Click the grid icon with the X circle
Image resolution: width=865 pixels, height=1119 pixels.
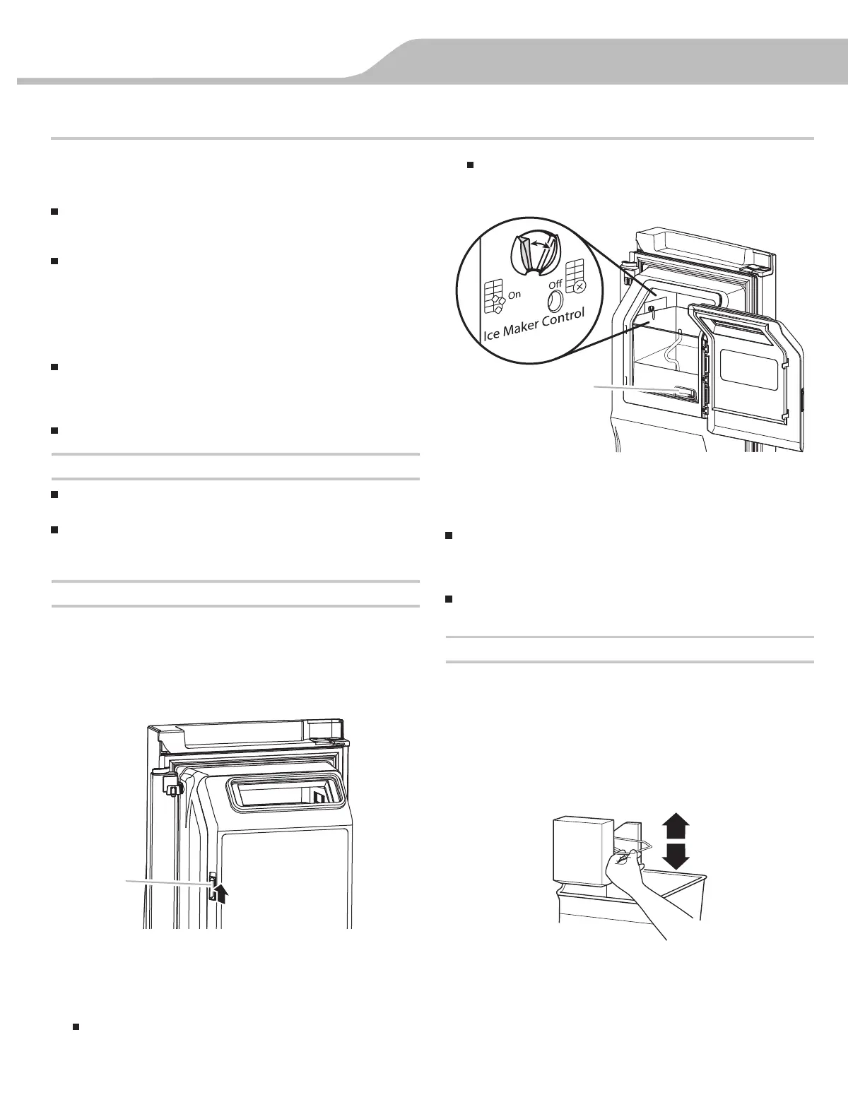(x=575, y=277)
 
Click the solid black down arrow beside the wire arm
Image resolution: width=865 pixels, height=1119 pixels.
(x=676, y=856)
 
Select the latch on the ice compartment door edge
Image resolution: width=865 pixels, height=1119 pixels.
(x=211, y=884)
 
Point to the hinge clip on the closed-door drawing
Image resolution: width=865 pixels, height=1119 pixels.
(x=170, y=782)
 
